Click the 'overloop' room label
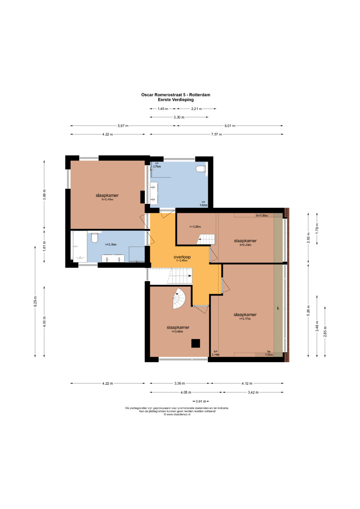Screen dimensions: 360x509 182,257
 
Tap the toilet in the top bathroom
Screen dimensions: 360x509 201,169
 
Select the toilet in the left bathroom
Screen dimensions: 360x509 95,238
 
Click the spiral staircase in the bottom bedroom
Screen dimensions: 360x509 179,299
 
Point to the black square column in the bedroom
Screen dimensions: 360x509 195,343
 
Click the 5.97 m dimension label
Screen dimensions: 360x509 123,126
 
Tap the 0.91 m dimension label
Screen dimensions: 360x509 201,401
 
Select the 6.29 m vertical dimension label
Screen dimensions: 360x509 35,302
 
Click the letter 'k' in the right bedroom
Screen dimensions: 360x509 278,308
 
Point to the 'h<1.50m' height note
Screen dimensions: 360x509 262,215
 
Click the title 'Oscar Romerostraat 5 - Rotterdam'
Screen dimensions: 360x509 176,95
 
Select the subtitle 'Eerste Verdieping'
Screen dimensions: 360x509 176,100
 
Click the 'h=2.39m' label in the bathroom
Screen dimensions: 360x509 111,245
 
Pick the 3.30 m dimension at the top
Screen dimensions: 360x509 179,117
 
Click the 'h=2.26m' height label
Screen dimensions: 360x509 195,227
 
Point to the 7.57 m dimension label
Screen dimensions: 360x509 216,134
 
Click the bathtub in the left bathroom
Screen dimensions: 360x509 80,247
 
